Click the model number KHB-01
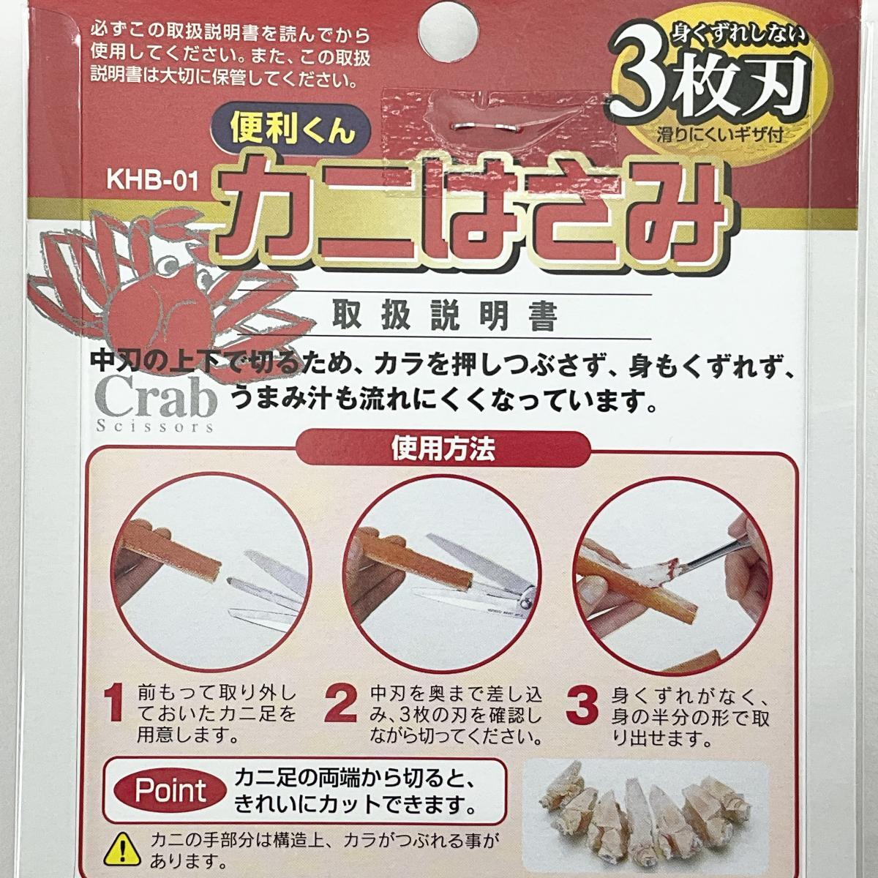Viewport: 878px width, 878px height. pos(153,181)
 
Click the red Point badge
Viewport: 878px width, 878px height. pos(170,792)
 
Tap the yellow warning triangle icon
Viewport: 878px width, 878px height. pos(122,847)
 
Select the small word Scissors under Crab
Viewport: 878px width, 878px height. pos(155,427)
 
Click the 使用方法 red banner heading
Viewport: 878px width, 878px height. pos(443,450)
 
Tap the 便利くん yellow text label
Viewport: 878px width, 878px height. pos(293,130)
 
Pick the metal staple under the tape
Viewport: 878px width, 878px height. pos(485,126)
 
